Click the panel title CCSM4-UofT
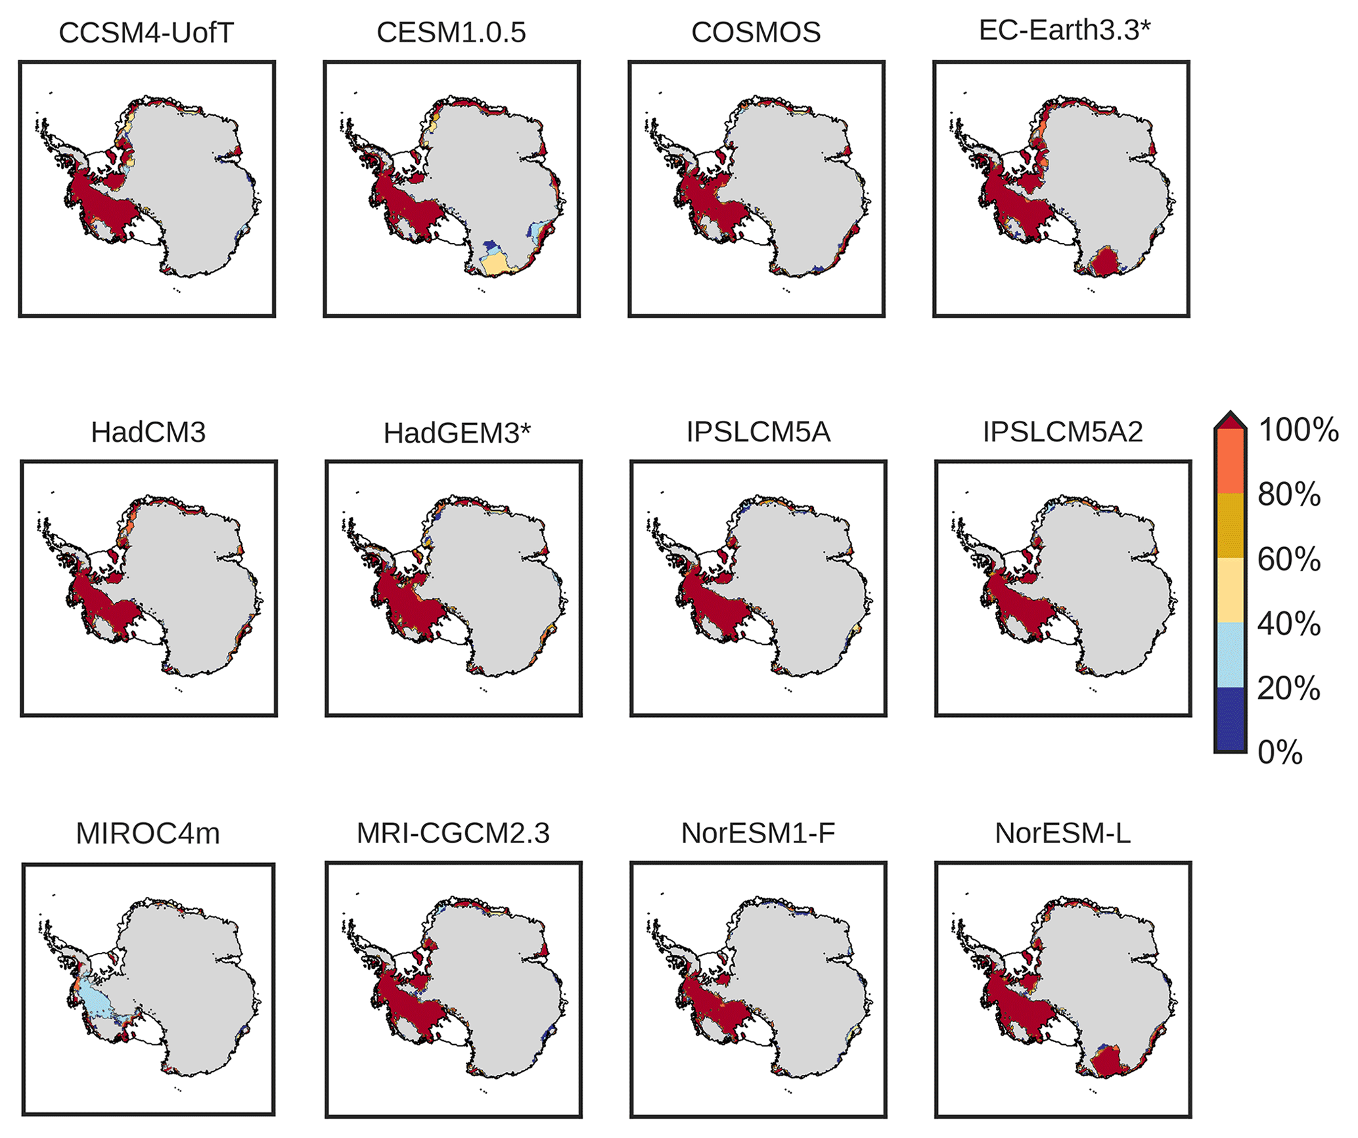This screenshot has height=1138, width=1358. (x=146, y=33)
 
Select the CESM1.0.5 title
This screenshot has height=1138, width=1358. (x=451, y=33)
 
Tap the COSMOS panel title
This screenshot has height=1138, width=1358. (x=756, y=33)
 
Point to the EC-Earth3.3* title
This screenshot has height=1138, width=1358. (x=1064, y=30)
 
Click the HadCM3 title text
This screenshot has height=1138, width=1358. (x=148, y=432)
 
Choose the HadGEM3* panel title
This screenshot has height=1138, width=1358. (x=457, y=433)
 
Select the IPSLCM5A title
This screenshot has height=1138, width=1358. (x=758, y=432)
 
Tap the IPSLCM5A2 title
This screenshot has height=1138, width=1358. (x=1062, y=432)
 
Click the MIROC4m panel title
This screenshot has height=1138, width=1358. (x=148, y=833)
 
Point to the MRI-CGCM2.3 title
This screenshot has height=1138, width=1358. (x=453, y=833)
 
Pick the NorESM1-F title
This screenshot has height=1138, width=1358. (x=758, y=833)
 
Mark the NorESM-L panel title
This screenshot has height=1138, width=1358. (x=1062, y=833)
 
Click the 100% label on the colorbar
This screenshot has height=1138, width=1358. (x=1298, y=430)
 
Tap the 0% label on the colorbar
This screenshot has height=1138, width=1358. (x=1280, y=753)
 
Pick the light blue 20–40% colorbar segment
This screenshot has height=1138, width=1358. (x=1231, y=655)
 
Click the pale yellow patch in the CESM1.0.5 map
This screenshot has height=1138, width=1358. (x=497, y=265)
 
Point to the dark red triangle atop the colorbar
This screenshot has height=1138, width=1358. (x=1231, y=420)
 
